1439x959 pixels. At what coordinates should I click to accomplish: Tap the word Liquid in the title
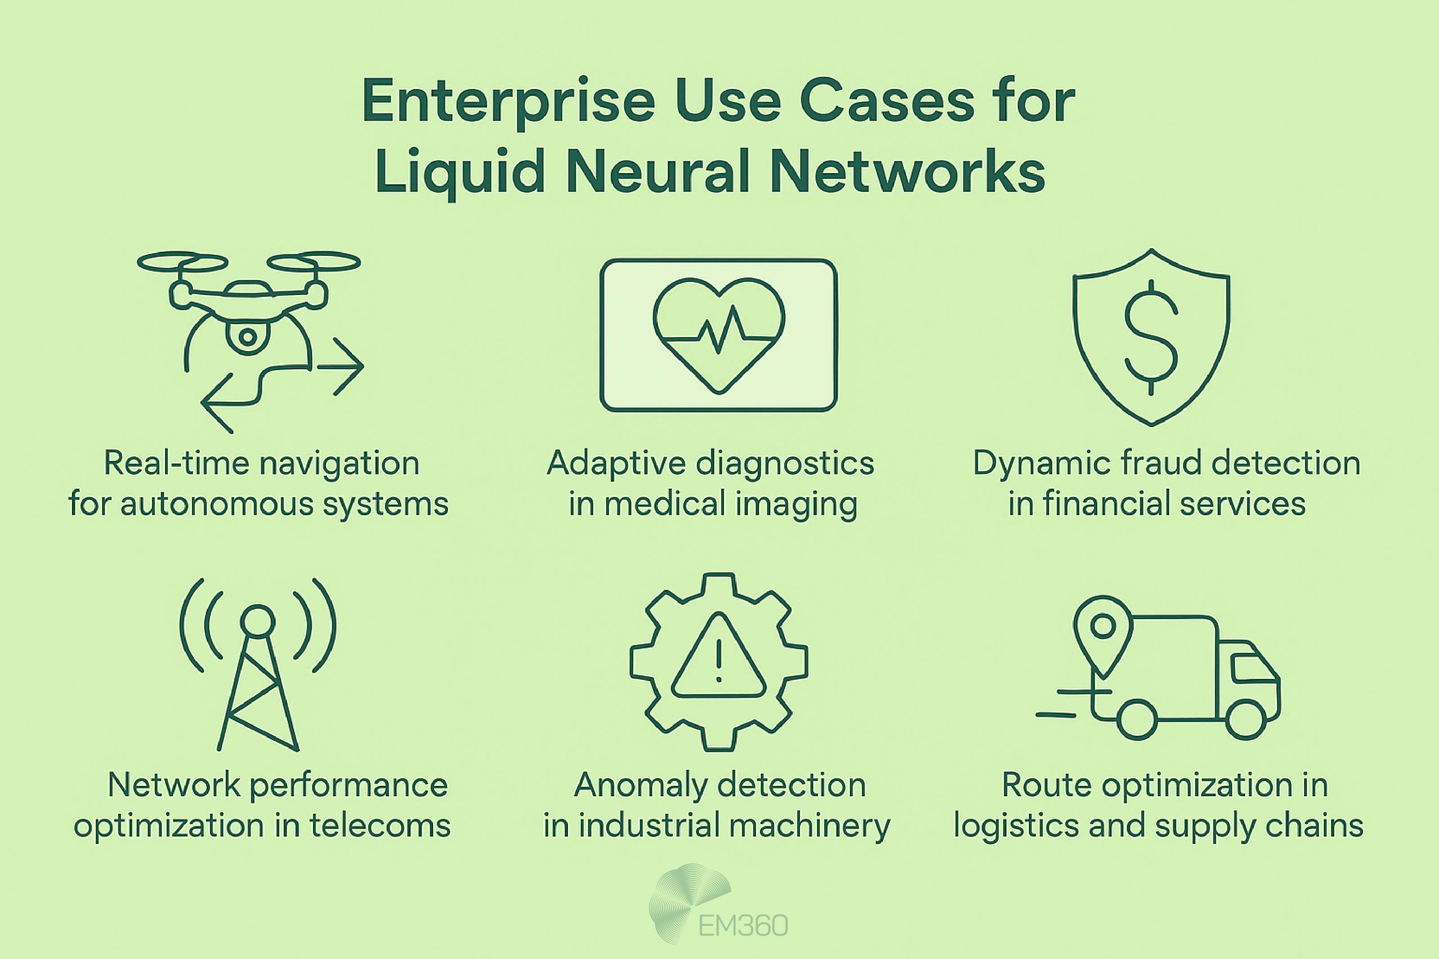coord(459,173)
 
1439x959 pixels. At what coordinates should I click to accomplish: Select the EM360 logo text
coord(742,925)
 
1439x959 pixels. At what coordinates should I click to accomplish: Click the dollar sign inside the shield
coord(1151,338)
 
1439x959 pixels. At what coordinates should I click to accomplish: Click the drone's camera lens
coord(247,336)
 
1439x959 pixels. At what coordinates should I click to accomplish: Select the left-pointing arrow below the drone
coord(220,403)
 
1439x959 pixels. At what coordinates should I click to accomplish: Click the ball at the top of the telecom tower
coord(258,621)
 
